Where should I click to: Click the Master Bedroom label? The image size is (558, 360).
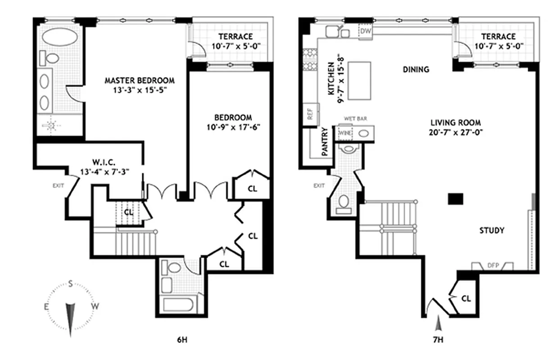pyautogui.click(x=139, y=81)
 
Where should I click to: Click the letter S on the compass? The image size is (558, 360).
pyautogui.click(x=71, y=283)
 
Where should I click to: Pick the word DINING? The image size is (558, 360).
pyautogui.click(x=416, y=70)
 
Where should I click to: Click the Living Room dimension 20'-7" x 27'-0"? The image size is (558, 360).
pyautogui.click(x=455, y=132)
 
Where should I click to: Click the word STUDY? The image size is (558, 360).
pyautogui.click(x=491, y=230)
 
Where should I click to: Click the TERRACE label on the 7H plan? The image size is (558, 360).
pyautogui.click(x=497, y=36)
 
